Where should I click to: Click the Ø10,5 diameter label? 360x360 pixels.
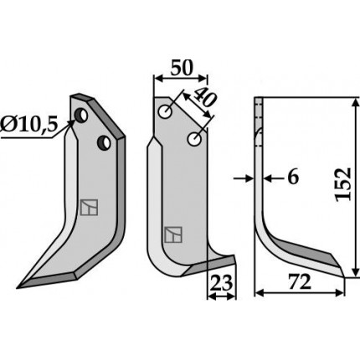point(28,125)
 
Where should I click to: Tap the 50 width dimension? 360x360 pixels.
point(182,68)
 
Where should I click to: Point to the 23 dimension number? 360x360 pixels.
point(221,282)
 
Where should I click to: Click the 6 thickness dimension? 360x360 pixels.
point(293,177)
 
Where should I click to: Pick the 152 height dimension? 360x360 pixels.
point(343,184)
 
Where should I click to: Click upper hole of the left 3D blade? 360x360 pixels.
point(81,116)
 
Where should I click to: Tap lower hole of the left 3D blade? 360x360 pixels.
point(104,142)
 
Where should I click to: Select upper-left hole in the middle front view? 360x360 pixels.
point(165,111)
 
